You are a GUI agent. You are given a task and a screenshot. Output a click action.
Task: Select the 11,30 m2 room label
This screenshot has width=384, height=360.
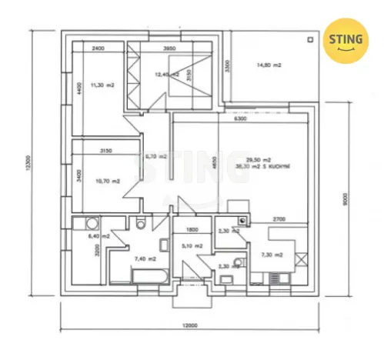tap(102, 85)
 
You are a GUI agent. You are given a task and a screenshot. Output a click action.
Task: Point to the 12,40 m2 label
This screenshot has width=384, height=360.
tap(165, 75)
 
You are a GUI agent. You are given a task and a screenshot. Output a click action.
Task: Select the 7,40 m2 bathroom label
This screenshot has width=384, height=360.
tap(145, 259)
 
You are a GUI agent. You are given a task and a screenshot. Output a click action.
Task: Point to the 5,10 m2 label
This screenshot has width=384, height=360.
tap(192, 246)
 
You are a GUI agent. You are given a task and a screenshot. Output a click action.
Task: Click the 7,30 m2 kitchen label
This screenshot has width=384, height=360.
tap(272, 255)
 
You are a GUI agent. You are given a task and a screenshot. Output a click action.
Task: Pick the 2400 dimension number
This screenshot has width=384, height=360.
tap(98, 49)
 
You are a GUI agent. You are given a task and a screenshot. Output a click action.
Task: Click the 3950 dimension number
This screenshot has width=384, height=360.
tap(170, 49)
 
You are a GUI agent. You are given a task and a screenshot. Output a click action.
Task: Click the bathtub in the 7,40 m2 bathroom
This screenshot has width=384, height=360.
tap(143, 277)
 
